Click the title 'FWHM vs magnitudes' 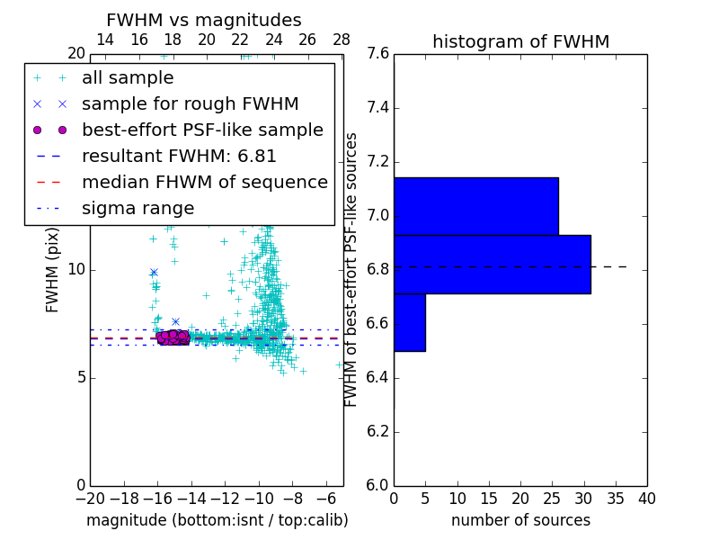point(204,20)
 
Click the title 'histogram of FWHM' point(520,41)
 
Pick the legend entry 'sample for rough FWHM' point(190,104)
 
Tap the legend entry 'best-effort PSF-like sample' point(202,130)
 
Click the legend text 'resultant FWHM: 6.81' point(179,157)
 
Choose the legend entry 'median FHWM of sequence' point(204,183)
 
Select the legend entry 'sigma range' point(138,209)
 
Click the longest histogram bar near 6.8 point(492,264)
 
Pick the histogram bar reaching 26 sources point(475,206)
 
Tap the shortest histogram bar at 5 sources point(409,322)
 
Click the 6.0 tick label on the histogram point(376,485)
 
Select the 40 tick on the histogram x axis point(646,499)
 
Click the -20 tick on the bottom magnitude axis point(90,499)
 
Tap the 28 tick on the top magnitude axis point(342,40)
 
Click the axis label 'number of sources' point(520,520)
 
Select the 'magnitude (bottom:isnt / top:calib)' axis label point(217,520)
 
